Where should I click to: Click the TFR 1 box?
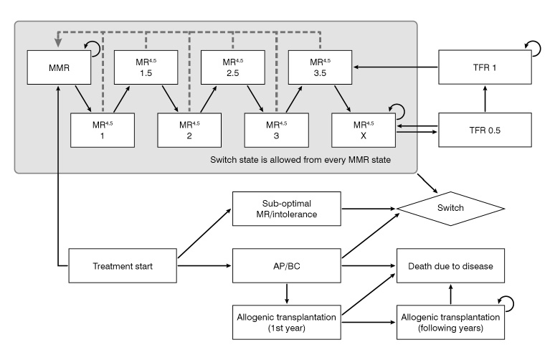pyautogui.click(x=486, y=67)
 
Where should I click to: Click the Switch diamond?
pyautogui.click(x=450, y=209)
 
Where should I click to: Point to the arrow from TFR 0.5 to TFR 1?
pyautogui.click(x=486, y=98)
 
